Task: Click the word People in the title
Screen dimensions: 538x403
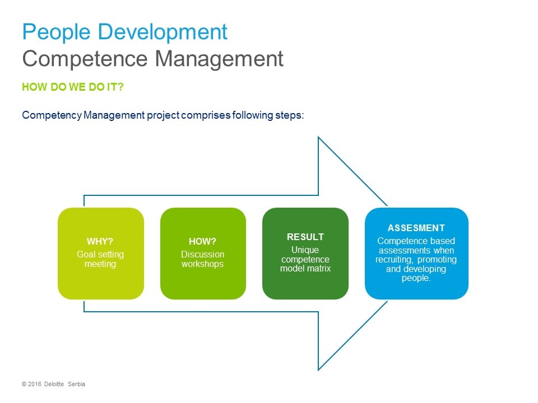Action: click(x=56, y=32)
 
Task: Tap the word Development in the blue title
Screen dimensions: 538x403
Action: click(x=163, y=32)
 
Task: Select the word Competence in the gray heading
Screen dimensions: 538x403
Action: click(x=85, y=59)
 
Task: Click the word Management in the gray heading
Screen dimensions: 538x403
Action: click(x=219, y=59)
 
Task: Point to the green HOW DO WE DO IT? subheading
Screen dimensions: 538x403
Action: click(x=73, y=87)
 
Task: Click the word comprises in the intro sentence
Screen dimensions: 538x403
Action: click(x=206, y=115)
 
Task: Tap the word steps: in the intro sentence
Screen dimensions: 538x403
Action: click(x=290, y=115)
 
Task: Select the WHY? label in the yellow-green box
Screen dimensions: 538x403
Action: click(x=100, y=241)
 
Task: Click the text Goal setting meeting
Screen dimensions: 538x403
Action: click(x=100, y=259)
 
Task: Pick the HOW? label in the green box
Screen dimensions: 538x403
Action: click(x=202, y=241)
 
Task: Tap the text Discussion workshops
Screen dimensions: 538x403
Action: click(x=202, y=259)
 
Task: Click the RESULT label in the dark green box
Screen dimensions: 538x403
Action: click(x=305, y=237)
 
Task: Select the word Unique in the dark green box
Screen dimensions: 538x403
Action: click(x=305, y=250)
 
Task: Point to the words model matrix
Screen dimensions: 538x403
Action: click(x=305, y=268)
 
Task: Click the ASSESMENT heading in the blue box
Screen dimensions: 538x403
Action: click(x=416, y=228)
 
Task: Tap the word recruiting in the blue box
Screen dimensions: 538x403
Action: click(x=393, y=260)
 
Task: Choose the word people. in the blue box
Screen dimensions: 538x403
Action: click(x=416, y=278)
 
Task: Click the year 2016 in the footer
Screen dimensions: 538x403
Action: click(x=35, y=384)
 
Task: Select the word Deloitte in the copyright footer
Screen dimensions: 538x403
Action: click(x=54, y=384)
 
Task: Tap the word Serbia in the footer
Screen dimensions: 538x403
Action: click(x=76, y=384)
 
